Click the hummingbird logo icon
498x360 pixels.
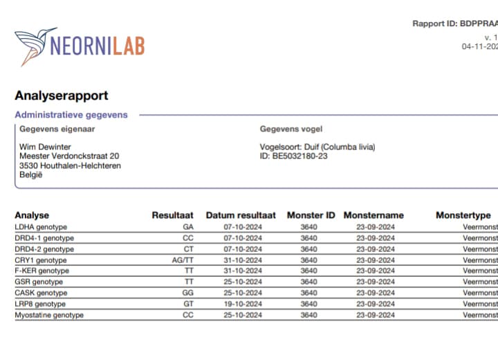click(35, 45)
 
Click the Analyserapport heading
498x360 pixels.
click(61, 96)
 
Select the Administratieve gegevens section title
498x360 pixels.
click(71, 115)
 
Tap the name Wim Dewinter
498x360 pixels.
click(46, 147)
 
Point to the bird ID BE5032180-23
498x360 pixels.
click(294, 156)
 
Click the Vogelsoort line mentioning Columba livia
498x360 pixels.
click(317, 147)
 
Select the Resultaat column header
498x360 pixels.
click(172, 215)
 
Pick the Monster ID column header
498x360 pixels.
click(311, 215)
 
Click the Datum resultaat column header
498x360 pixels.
click(241, 215)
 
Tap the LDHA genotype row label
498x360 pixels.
click(41, 227)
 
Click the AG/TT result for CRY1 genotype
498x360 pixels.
click(183, 260)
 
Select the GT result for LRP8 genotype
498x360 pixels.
click(187, 304)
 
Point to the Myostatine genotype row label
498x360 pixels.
click(49, 315)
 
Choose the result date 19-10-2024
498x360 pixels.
click(241, 304)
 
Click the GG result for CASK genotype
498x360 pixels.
click(187, 293)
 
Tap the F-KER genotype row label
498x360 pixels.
click(41, 271)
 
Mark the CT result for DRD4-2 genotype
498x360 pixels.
click(187, 249)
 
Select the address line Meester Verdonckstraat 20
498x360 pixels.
click(69, 156)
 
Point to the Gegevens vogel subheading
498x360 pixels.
click(290, 129)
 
